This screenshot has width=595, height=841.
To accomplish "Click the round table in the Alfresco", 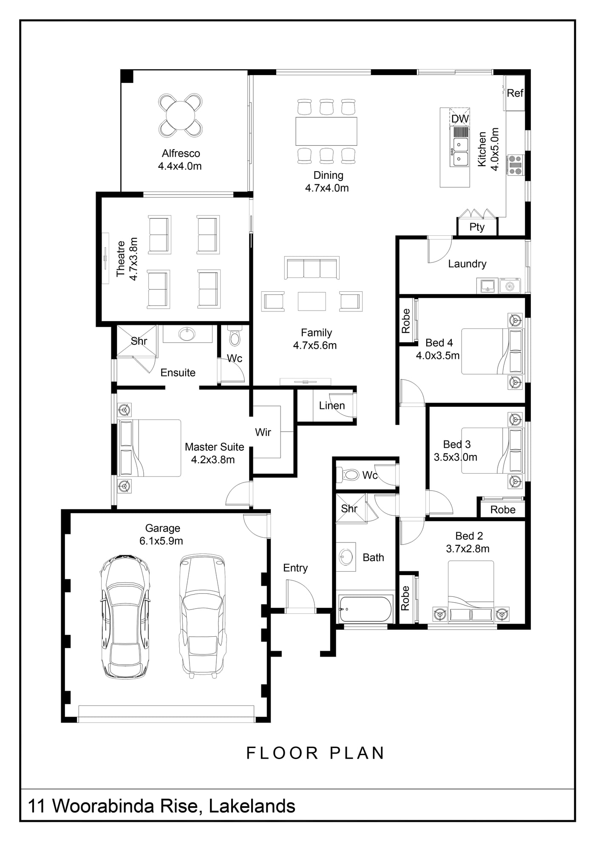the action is coord(181,115).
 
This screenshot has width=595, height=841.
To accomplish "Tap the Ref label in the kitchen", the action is coord(515,93).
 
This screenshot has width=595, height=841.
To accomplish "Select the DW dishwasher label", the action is coord(460,119).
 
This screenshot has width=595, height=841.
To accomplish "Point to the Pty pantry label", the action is coord(477,227).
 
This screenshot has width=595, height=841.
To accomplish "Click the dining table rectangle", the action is coord(326,131).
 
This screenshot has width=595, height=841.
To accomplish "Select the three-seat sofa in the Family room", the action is coord(312,268).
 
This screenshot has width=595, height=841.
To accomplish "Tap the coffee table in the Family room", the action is coord(312,301).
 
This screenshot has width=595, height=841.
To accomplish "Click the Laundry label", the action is coord(467,264).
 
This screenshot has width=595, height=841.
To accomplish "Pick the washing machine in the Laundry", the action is coord(510,286).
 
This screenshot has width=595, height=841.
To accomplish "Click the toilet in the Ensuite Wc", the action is coord(235,336).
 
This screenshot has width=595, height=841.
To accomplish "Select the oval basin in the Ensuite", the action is coord(187,334).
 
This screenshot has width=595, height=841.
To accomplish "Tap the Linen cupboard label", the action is coord(332,406).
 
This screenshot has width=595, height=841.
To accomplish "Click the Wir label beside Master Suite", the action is coord(263,432).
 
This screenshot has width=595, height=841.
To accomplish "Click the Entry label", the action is coord(295,568).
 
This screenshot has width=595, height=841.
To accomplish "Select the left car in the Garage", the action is coord(125,616).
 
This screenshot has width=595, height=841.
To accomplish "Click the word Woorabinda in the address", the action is coord(125,806).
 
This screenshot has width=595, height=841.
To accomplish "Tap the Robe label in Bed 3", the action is coord(503,510).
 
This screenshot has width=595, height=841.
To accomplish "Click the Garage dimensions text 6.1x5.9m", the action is coord(161,541).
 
